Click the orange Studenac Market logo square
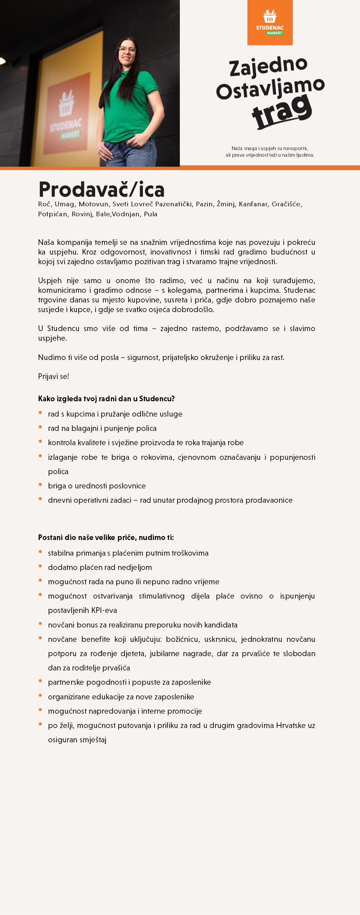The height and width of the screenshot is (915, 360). click(270, 22)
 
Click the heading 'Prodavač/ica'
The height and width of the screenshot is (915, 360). click(101, 189)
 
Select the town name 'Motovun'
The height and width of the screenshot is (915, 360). click(94, 204)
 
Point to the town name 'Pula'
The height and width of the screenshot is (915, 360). click(151, 214)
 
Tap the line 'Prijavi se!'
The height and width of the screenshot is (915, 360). click(54, 376)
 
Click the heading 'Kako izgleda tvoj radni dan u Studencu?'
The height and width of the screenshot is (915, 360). click(106, 399)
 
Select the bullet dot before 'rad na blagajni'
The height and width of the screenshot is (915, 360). click(41, 427)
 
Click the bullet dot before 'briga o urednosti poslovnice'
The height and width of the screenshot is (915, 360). click(41, 484)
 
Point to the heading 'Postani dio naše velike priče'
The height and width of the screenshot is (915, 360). click(106, 537)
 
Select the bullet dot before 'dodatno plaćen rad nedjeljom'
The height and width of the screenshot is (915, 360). click(41, 566)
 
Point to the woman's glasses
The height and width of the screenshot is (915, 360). click(127, 51)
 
